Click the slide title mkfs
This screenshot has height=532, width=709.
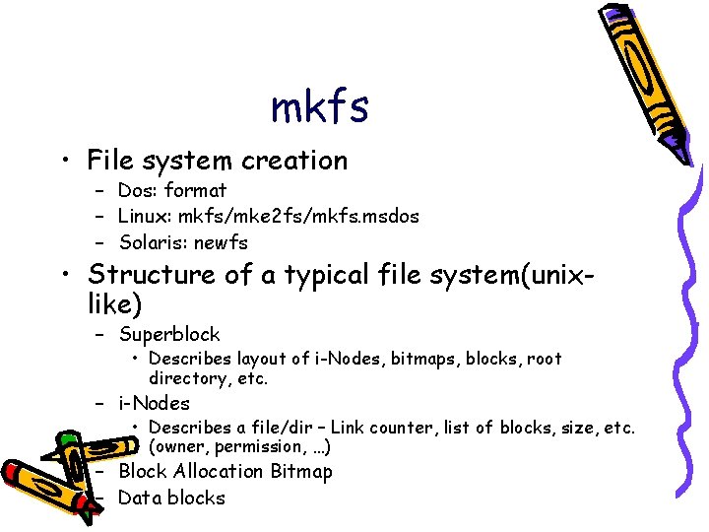coord(320,107)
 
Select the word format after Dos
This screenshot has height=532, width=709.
coord(197,190)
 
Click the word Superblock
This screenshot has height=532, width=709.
coord(169,335)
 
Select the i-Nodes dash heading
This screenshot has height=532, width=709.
coord(154,403)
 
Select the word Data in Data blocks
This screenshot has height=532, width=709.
coord(139,498)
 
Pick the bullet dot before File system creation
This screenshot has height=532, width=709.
coord(63,162)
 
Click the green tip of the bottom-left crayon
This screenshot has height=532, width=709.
coord(66,440)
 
